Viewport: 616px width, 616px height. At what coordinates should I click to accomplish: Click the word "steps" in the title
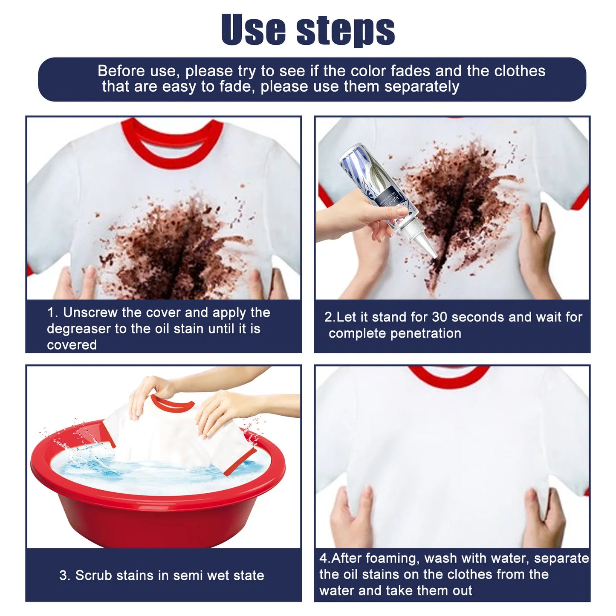point(345,31)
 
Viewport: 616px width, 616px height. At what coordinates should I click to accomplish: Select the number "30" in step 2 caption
point(440,317)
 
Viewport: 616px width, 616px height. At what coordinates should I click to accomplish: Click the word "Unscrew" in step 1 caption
point(90,312)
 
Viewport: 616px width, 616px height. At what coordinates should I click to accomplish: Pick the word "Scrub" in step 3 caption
point(94,576)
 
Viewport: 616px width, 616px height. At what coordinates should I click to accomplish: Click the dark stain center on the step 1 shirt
point(179,256)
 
